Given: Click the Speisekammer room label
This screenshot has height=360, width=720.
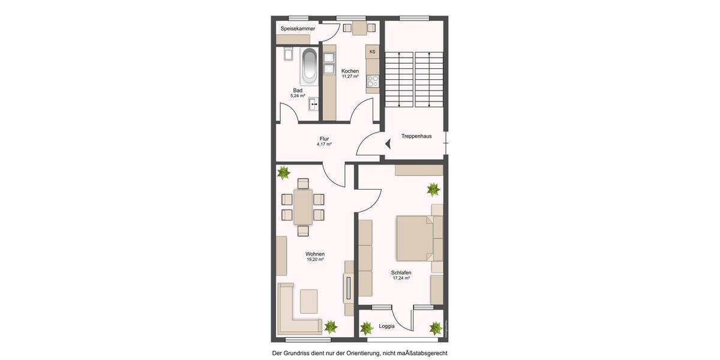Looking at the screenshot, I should tap(298, 29).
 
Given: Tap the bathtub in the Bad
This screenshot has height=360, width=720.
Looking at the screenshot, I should tap(309, 65).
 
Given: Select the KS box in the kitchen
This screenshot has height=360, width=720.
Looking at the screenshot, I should tap(373, 52).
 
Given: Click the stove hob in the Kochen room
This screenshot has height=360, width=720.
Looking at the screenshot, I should tap(373, 81).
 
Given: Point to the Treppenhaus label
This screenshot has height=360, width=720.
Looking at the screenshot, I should tap(416, 136).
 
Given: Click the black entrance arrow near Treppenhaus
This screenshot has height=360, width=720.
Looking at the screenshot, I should tap(388, 144).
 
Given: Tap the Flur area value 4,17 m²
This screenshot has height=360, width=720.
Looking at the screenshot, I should tap(324, 145).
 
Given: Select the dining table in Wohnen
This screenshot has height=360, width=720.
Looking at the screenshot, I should tap(303, 207).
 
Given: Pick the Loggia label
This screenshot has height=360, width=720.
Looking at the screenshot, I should tap(387, 327).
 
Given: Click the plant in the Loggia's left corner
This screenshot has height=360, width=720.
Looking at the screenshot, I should tap(366, 328).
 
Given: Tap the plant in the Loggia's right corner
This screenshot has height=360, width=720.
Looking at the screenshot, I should tap(436, 328).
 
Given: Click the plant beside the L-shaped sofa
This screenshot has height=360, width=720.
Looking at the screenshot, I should tap(331, 326).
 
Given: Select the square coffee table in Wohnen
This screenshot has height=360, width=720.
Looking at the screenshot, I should tap(309, 301).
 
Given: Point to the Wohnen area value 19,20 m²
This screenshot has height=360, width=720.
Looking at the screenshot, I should tap(315, 260).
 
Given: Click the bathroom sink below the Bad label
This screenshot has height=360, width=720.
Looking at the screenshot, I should tap(313, 105).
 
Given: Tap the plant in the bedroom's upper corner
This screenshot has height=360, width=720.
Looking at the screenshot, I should tap(433, 190).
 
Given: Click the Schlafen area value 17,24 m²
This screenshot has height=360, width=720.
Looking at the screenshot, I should tap(401, 278).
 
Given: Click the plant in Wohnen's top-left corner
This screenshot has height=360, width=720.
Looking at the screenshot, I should tap(284, 173).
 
